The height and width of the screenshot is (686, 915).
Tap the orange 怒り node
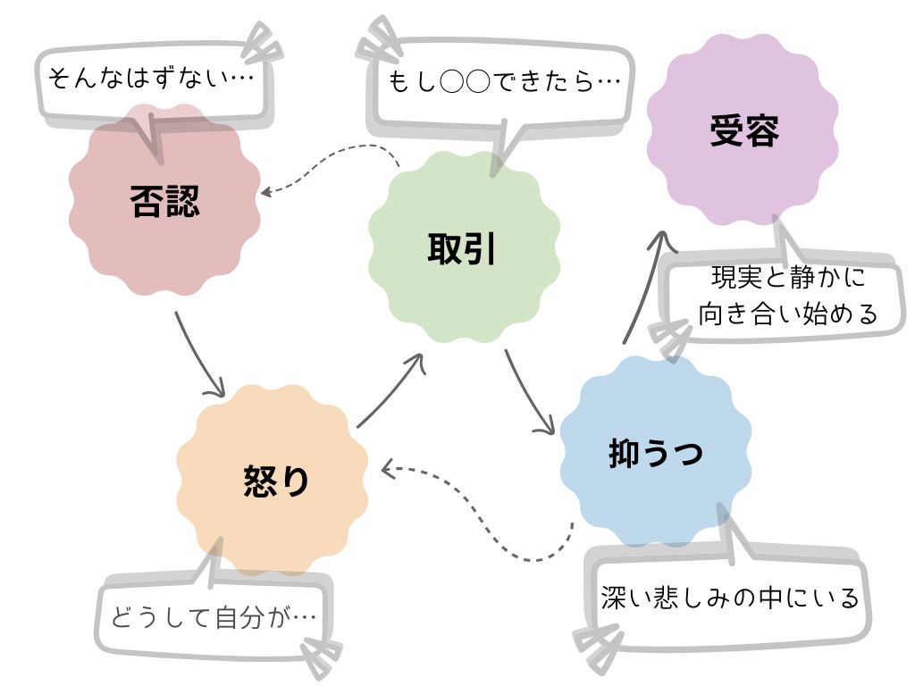coord(273,480)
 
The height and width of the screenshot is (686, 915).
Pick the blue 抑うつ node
coord(655,451)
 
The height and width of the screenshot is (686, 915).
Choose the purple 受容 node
coord(743,130)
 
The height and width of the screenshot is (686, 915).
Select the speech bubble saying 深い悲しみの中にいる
coord(729,597)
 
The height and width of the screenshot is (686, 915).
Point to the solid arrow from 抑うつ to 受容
coord(645,286)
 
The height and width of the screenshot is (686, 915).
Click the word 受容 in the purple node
coord(743,130)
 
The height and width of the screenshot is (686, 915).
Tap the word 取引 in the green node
coord(462,248)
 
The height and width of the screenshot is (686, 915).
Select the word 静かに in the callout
coord(821,278)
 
